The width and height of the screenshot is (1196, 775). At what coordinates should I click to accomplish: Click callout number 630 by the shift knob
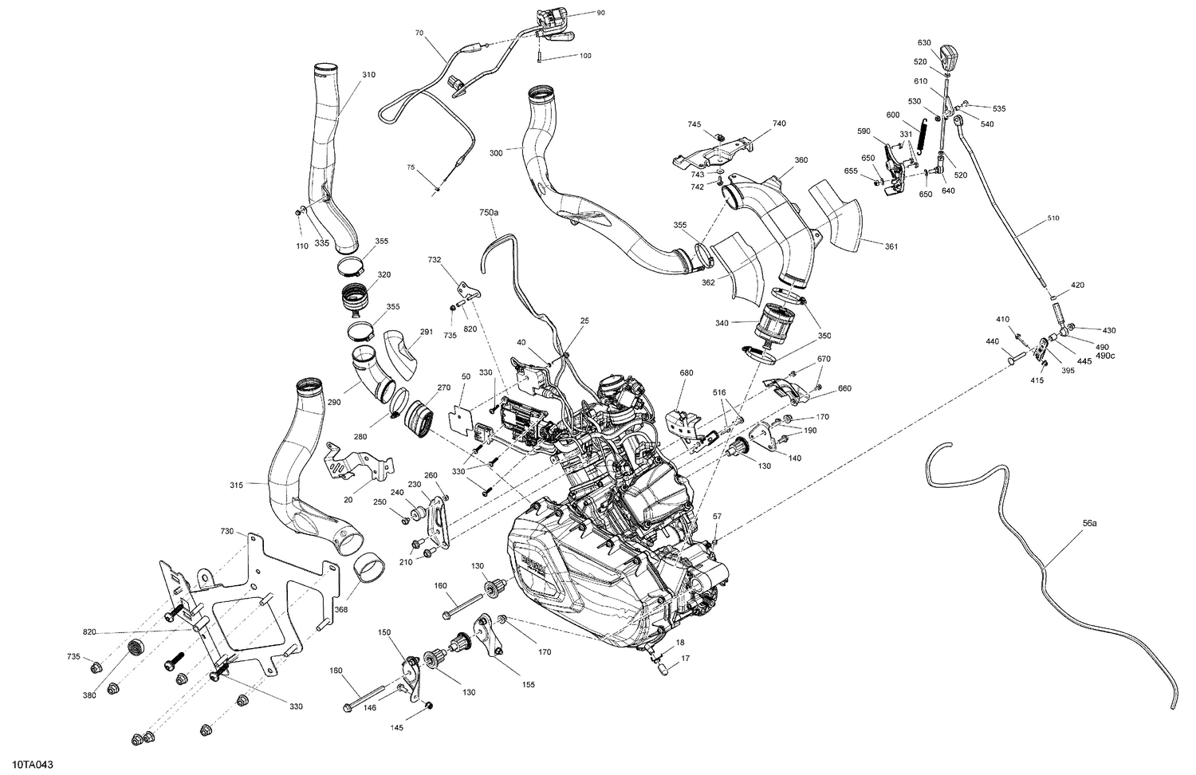923,42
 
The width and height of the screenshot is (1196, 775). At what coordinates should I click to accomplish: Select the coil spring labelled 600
923,133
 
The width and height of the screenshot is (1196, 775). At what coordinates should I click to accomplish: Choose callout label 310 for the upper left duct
368,75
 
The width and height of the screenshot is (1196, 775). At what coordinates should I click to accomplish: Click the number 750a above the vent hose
488,214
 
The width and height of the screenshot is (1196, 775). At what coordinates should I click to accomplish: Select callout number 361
891,246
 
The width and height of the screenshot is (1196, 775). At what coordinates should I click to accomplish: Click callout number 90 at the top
600,14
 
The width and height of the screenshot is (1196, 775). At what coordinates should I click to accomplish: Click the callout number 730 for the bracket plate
227,531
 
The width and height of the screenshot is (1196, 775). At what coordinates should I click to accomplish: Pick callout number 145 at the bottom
397,727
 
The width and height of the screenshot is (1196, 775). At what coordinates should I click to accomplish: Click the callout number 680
686,373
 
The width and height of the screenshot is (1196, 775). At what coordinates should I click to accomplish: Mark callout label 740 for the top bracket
778,124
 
